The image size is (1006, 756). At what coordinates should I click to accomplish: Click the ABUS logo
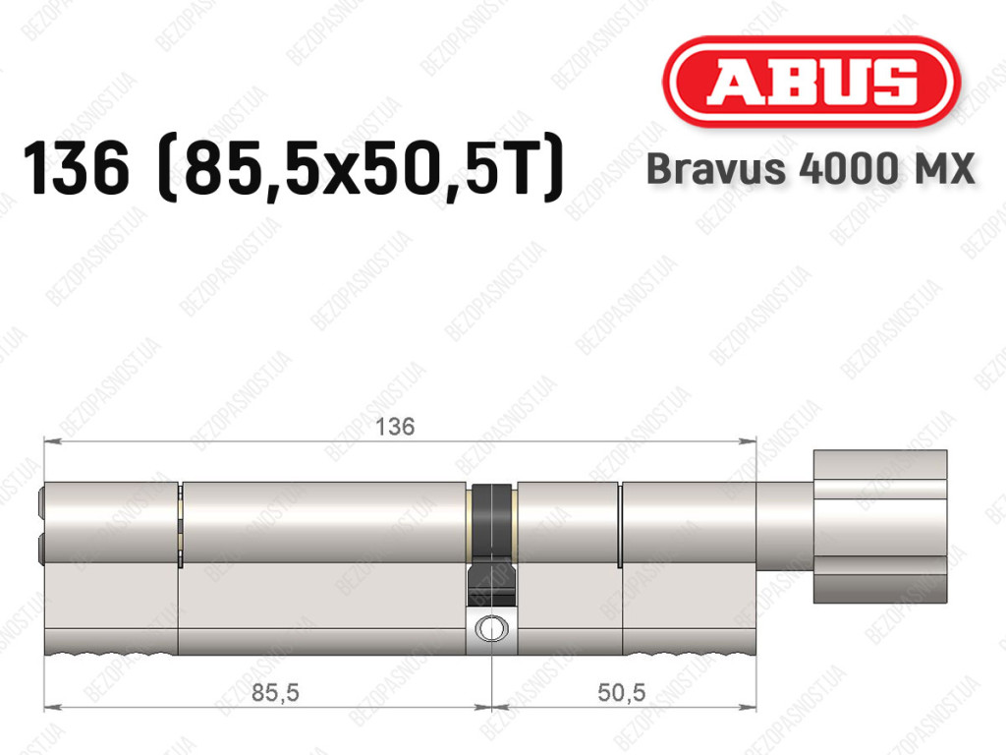pos(810,82)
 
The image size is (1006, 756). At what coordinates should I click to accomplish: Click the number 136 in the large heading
pos(76,169)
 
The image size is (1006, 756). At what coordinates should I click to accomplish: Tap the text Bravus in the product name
pos(716,169)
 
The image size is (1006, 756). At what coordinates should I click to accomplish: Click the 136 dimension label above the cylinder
pos(395,427)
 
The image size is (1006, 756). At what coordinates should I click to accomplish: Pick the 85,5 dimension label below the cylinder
pos(275,692)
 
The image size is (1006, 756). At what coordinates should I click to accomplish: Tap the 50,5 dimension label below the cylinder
pos(621,692)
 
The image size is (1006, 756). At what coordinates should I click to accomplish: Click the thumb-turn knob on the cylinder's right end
pos(880,526)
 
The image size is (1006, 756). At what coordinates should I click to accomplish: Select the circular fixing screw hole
pos(491,628)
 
